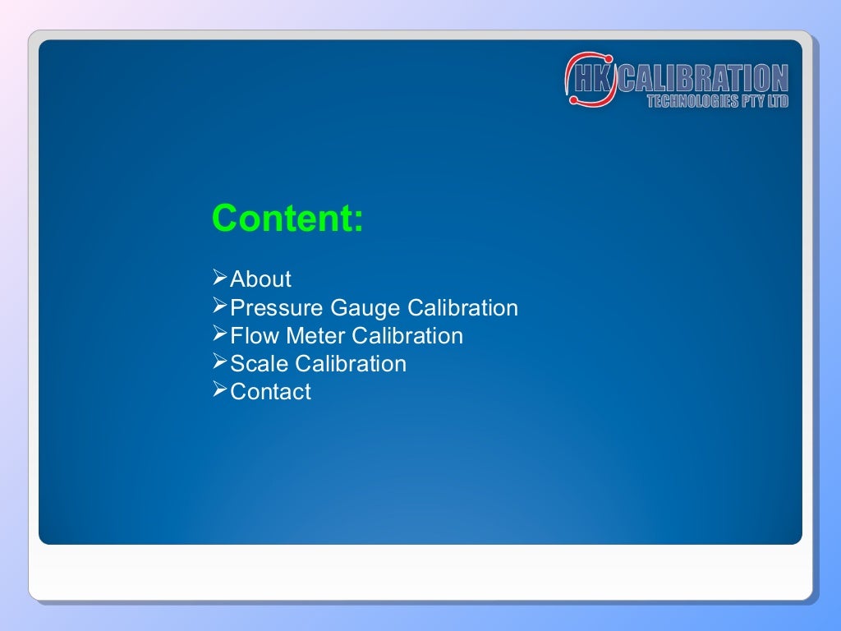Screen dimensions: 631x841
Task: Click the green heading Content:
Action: pos(287,219)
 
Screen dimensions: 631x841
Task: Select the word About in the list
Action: pos(260,279)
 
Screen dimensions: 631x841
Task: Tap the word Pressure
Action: pos(277,308)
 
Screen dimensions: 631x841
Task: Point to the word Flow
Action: pos(255,336)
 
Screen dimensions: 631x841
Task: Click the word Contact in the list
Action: pos(270,392)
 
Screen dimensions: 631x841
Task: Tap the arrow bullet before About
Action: pos(219,279)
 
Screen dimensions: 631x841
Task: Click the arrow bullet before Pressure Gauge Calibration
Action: pos(219,306)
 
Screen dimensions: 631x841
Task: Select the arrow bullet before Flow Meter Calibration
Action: pos(219,334)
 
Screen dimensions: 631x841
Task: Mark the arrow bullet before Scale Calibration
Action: pos(219,362)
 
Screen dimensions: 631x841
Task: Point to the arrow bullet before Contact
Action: pos(219,390)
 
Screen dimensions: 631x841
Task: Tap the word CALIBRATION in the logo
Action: pos(703,79)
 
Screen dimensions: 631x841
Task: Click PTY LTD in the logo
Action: pos(765,102)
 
